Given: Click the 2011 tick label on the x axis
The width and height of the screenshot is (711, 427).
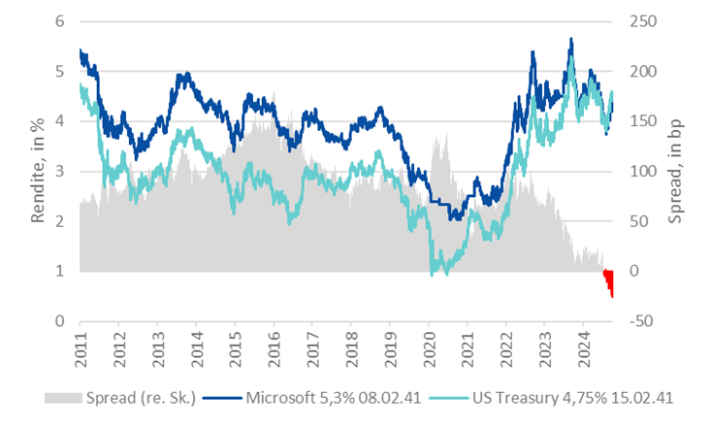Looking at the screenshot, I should (x=80, y=346).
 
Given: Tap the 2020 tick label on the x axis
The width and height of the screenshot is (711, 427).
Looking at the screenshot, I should (x=428, y=346).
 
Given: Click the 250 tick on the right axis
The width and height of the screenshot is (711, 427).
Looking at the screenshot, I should (x=646, y=21).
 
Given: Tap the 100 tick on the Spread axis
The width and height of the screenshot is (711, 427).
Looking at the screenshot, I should (x=646, y=172).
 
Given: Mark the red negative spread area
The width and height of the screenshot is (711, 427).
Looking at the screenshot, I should (x=610, y=282).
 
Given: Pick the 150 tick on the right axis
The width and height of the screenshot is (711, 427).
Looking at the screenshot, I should (x=646, y=121).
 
